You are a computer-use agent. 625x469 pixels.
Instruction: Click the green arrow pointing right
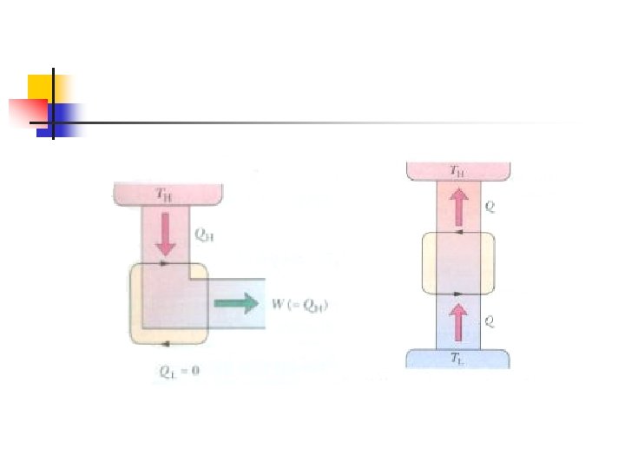[237, 303]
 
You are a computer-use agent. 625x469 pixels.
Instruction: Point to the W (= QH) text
[300, 304]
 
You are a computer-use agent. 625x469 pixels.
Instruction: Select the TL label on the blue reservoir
[457, 359]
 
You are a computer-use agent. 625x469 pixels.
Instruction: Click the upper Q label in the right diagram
[491, 207]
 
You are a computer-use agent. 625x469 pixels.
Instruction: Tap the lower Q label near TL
[491, 320]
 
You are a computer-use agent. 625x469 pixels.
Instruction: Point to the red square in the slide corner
[26, 112]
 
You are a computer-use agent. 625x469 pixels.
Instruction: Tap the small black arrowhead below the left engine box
[165, 343]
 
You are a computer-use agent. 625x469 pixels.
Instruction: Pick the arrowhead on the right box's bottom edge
[457, 293]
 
